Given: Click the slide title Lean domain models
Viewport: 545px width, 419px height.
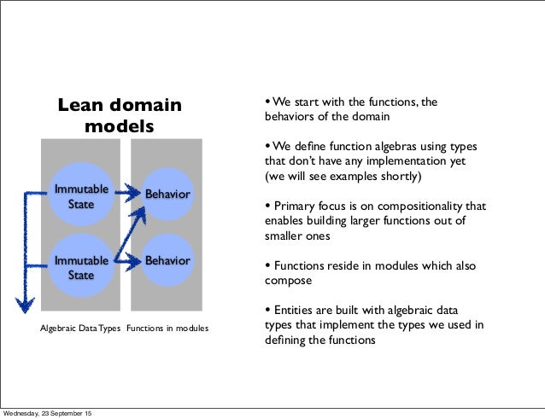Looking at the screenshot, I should point(120,116).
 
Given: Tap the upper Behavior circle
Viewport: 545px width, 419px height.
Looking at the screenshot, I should point(167,195).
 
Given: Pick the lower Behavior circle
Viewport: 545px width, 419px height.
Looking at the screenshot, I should point(167,259).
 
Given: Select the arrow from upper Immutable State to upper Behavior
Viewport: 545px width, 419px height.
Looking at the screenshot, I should point(126,193).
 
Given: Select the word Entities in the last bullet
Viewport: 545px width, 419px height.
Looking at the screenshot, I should point(293,309).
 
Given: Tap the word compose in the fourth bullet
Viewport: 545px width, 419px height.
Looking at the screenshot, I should point(289,280).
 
